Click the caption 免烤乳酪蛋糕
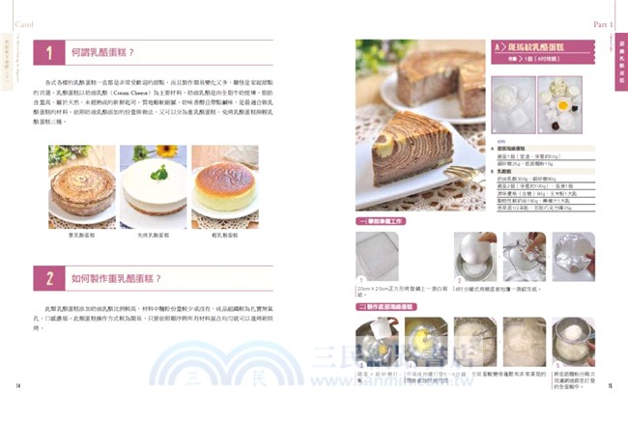click(155, 235)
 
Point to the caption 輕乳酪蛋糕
click(224, 235)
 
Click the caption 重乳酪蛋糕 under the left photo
click(85, 235)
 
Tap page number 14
click(17, 388)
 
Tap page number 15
click(609, 388)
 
